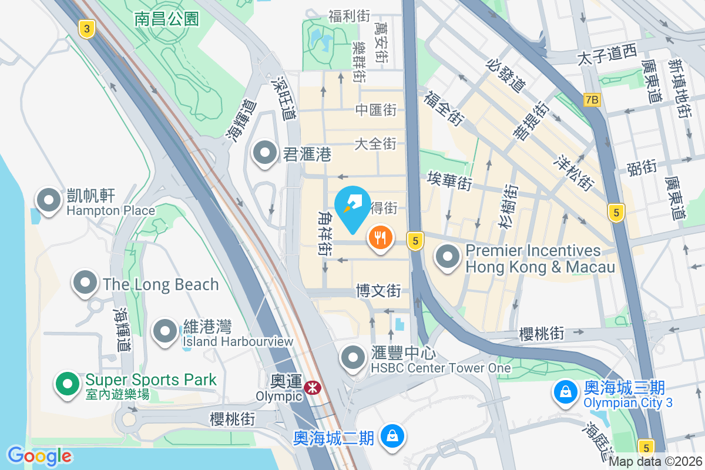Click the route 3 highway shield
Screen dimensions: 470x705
87,29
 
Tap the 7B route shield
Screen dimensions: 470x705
592,100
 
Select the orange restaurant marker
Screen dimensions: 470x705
380,239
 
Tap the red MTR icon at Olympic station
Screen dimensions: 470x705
312,387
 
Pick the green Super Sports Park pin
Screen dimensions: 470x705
68,385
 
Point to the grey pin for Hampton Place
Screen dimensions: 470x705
49,200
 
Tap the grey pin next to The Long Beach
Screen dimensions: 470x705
85,284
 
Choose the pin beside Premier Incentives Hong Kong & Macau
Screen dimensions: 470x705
448,257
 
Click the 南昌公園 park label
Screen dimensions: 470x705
167,19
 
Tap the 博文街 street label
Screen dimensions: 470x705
378,290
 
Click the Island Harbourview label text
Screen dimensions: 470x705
237,341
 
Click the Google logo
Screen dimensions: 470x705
39,456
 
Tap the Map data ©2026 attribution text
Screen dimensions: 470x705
656,462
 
